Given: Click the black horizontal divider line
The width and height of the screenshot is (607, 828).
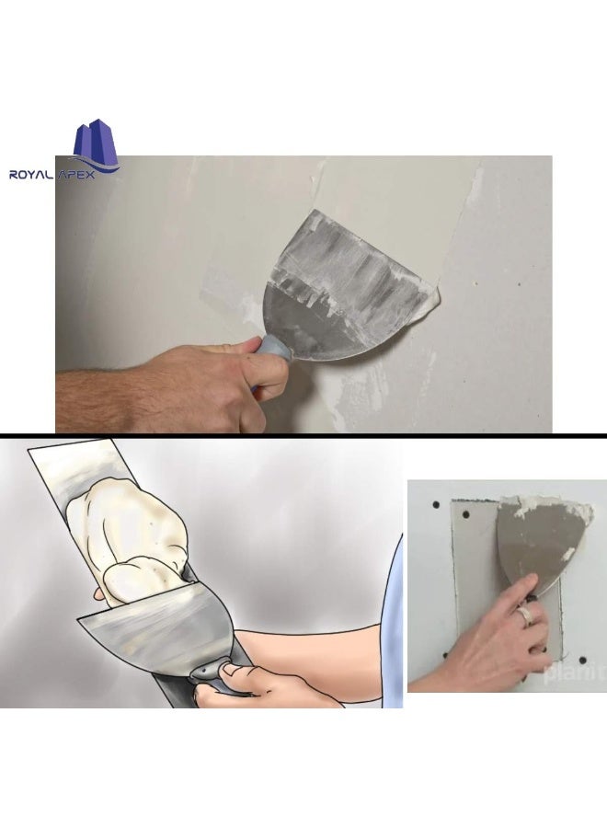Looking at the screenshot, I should (303, 434).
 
